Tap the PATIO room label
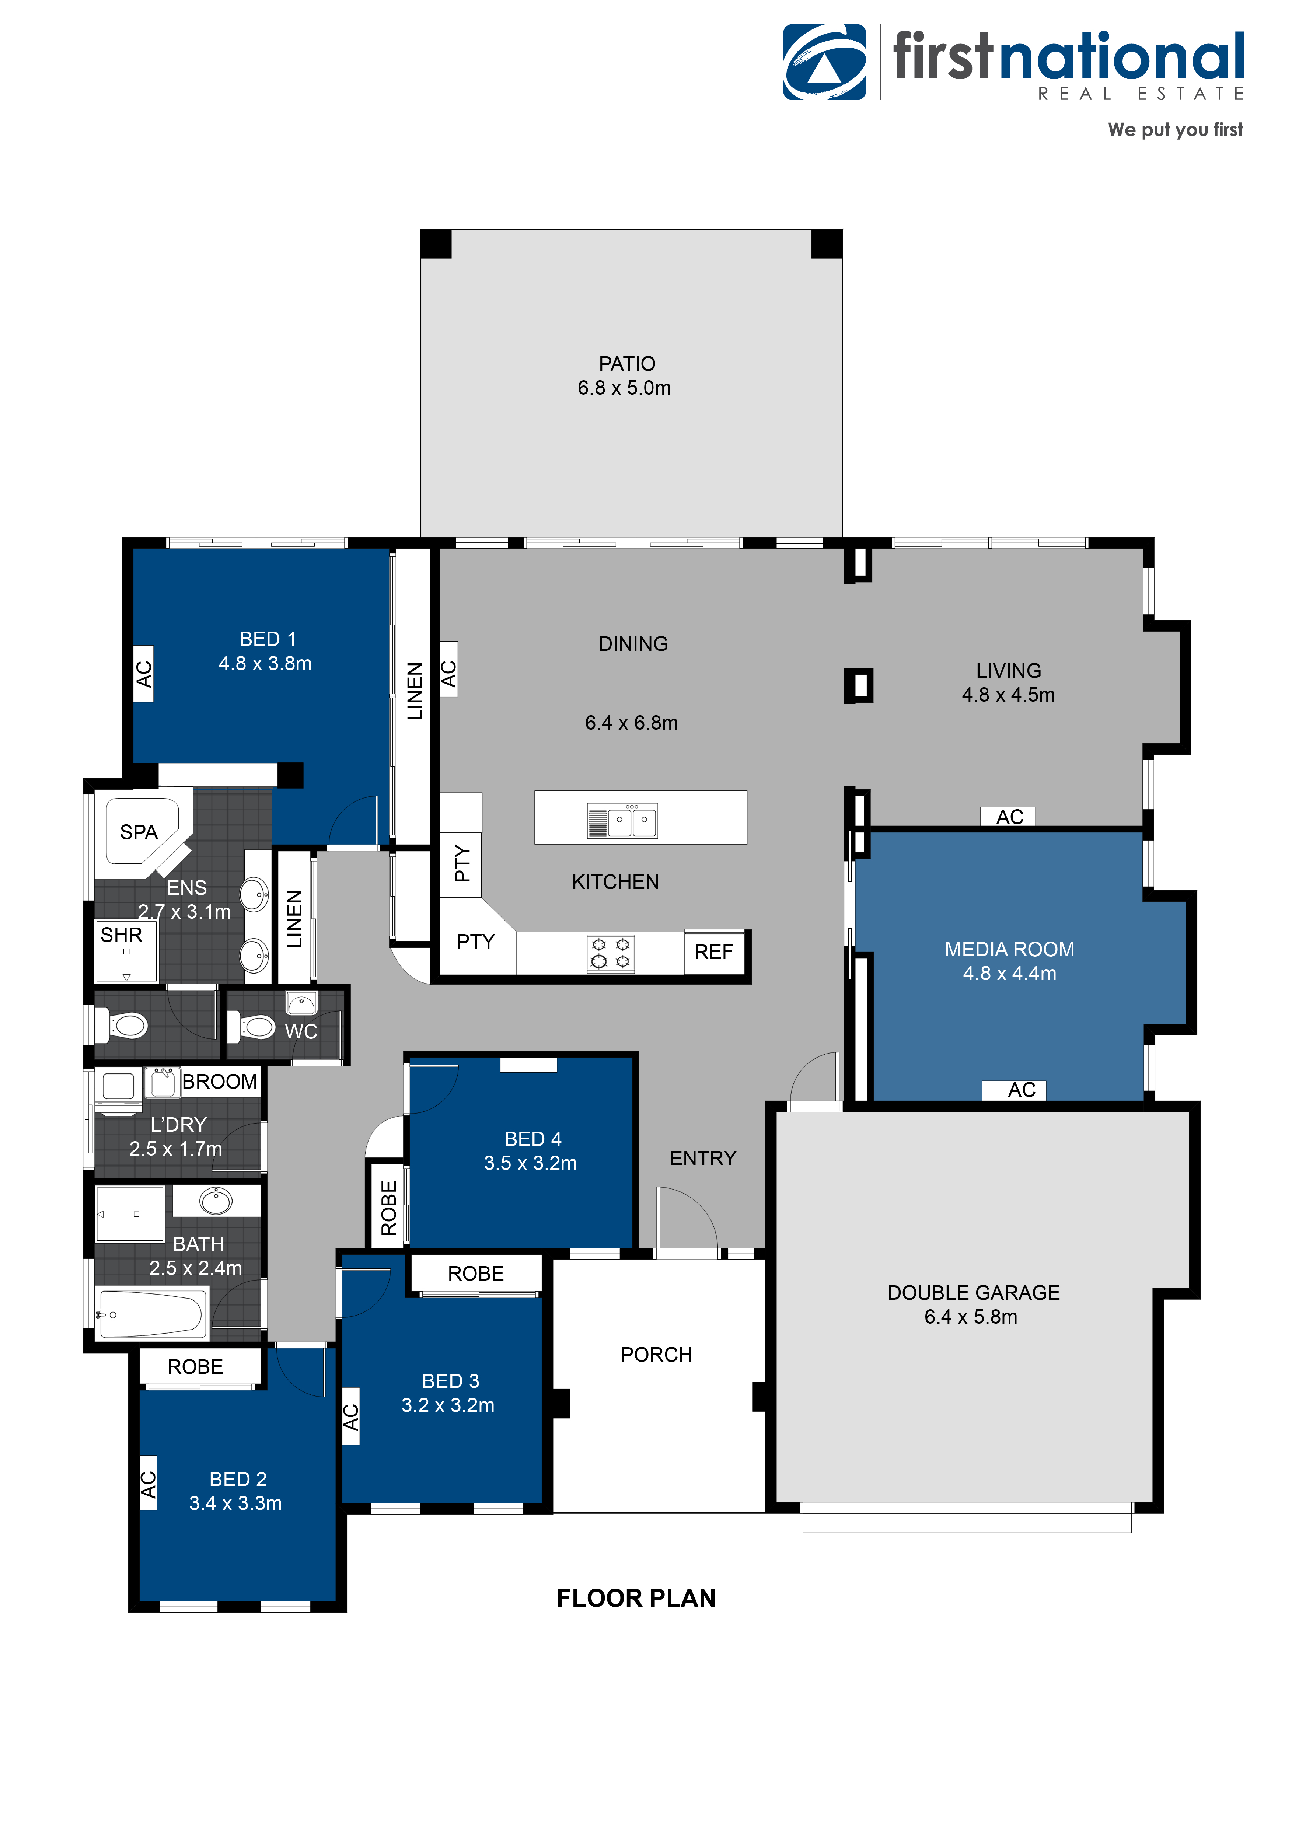tap(627, 364)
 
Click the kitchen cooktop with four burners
tap(610, 953)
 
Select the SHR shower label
tap(121, 935)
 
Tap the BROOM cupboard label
tap(220, 1082)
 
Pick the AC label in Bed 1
tap(143, 674)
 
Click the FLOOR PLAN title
tap(636, 1598)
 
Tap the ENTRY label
tap(702, 1158)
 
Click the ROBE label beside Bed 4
tap(388, 1208)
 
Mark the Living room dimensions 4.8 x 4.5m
tap(1008, 695)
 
